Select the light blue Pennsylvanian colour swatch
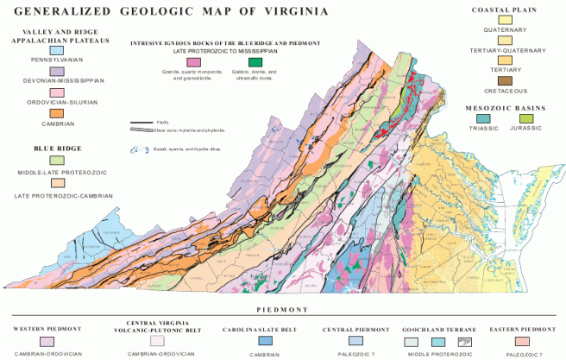coord(57,51)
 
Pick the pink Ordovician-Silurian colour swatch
coord(57,92)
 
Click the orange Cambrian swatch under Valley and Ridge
coord(57,113)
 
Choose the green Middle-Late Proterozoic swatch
coord(57,161)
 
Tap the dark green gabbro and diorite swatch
coord(255,62)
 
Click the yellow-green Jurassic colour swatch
coord(515,117)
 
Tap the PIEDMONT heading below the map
coord(283,308)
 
